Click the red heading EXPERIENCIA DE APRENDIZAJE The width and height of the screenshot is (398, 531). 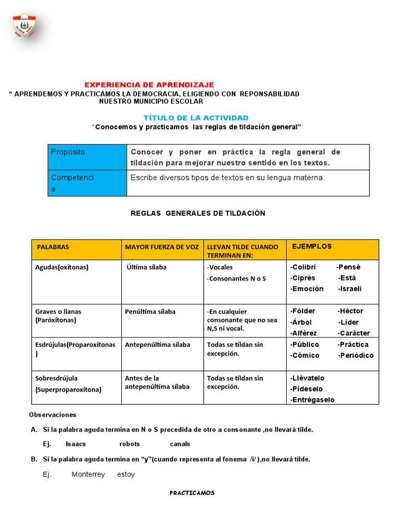tap(149, 85)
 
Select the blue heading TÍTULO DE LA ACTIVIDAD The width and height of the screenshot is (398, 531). tap(196, 118)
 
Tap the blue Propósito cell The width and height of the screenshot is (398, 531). tap(87, 157)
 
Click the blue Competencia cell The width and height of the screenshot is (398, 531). tap(87, 183)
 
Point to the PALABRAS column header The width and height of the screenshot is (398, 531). tap(53, 247)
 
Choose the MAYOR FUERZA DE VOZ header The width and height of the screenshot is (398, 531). tap(162, 247)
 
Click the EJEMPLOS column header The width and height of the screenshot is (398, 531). tap(312, 246)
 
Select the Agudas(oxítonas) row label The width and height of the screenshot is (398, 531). tap(62, 268)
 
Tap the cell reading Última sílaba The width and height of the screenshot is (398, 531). tap(147, 268)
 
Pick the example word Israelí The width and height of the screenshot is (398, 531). tap(350, 289)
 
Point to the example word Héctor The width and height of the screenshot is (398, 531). tap(350, 311)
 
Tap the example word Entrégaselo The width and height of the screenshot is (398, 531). tap(312, 399)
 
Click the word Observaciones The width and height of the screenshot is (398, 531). tap(52, 415)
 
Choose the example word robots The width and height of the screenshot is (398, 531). tap(130, 444)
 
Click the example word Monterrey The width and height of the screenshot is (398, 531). tap(88, 474)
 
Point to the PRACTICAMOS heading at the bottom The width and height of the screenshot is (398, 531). tap(192, 493)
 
